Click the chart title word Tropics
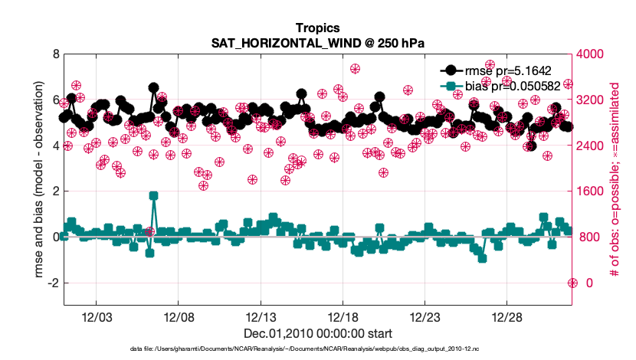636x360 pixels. pyautogui.click(x=317, y=28)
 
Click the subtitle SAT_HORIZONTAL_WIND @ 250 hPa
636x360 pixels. pyautogui.click(x=317, y=42)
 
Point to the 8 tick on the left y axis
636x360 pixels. pyautogui.click(x=55, y=54)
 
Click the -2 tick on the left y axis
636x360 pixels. pyautogui.click(x=53, y=283)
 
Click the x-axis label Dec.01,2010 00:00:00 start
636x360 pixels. pyautogui.click(x=317, y=334)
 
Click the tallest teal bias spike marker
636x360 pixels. pyautogui.click(x=153, y=196)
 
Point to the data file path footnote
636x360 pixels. pyautogui.click(x=317, y=349)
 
